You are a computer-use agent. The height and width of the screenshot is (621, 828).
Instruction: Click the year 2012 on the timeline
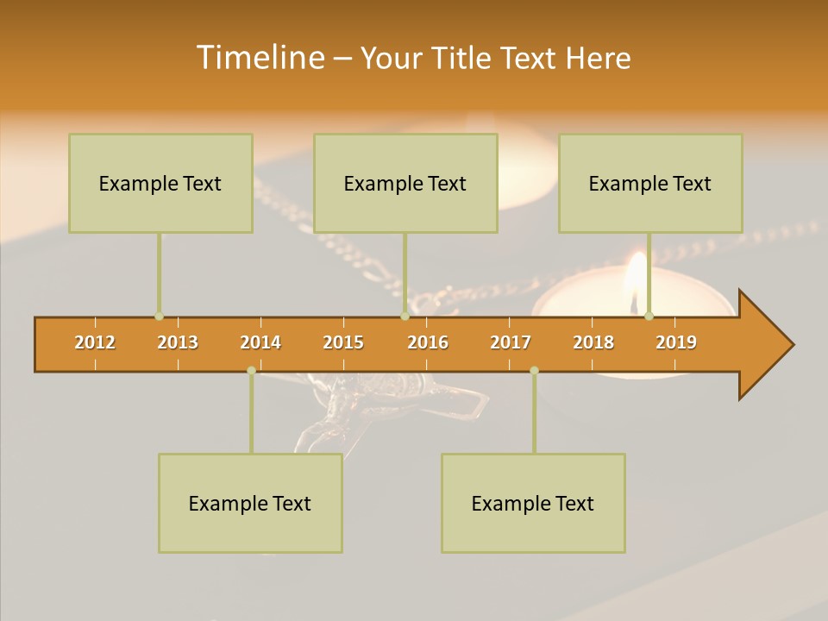click(95, 342)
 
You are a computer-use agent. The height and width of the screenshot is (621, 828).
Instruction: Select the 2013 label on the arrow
click(178, 342)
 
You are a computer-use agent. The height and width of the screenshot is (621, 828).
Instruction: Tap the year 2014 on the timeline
click(260, 342)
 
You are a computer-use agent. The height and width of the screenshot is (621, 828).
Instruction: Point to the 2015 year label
click(343, 342)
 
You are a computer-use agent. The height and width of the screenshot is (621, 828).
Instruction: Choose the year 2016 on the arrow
click(428, 342)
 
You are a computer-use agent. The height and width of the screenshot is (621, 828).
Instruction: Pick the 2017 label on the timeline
click(511, 342)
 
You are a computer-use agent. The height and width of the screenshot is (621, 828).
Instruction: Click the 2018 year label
click(593, 342)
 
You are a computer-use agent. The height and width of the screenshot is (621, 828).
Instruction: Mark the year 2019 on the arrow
click(676, 342)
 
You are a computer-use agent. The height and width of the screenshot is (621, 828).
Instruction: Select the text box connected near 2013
click(160, 183)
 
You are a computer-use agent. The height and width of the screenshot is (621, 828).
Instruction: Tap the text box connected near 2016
click(405, 183)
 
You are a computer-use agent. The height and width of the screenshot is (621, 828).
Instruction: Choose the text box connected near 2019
click(650, 183)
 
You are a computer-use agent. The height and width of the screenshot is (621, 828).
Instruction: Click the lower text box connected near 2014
click(250, 503)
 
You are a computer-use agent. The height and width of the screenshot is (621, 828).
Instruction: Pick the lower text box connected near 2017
click(533, 503)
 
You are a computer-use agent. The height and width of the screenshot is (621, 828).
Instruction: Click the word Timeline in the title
click(260, 58)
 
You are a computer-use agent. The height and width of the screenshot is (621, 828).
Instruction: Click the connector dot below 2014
click(251, 370)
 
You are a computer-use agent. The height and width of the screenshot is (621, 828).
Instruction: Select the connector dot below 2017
click(534, 370)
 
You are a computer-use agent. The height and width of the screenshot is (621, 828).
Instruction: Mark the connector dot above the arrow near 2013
click(159, 316)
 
